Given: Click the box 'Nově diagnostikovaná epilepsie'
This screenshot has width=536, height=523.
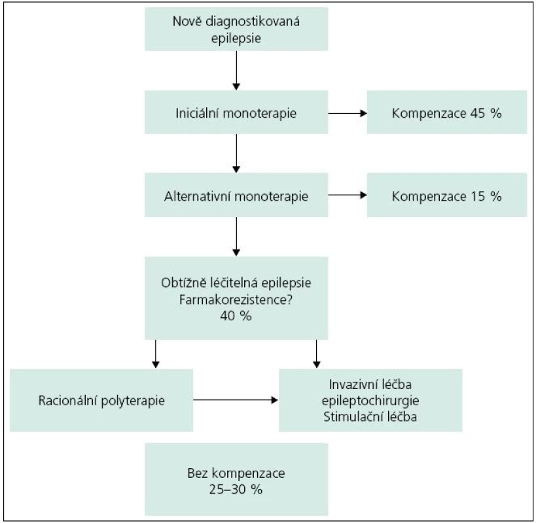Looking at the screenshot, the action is coord(236,29).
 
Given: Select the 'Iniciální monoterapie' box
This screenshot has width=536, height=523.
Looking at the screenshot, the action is coord(236,112).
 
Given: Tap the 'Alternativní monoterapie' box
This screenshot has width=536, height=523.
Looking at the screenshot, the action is coord(236,195).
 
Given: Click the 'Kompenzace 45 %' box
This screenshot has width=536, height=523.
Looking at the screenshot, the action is coord(447,112).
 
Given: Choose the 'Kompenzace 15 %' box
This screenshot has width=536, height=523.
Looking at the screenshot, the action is coord(447,195).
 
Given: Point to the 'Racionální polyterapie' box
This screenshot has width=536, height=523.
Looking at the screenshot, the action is coord(101,400).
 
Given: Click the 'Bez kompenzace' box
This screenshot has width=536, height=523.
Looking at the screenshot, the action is coord(236,479).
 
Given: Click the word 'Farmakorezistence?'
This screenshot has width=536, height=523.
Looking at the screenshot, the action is coord(236,299).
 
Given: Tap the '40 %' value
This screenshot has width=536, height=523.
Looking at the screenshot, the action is coord(236,316).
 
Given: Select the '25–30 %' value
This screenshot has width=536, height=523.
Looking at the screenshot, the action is coord(236,490).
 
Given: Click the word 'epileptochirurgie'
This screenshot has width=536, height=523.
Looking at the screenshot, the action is coord(370,401).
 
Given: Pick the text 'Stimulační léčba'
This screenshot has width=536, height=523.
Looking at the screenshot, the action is coord(370,417).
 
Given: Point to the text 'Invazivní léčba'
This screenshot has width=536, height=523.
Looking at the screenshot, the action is coord(370,384).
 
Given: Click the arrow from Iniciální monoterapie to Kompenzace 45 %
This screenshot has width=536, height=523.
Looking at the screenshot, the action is coord(348,113).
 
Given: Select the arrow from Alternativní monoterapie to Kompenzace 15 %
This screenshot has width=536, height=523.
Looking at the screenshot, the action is coord(348,195).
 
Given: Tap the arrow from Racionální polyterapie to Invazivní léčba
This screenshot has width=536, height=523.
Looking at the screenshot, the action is coord(236,399).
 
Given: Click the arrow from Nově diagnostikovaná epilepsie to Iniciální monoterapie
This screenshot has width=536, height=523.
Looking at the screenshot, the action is coord(236,71).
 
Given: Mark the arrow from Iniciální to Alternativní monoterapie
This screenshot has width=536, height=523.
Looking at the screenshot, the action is coord(236,153).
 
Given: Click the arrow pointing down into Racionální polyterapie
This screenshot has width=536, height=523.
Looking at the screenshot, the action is coord(156,354).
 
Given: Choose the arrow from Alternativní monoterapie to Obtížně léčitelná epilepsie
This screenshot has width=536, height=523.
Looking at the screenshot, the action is coord(236,237).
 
